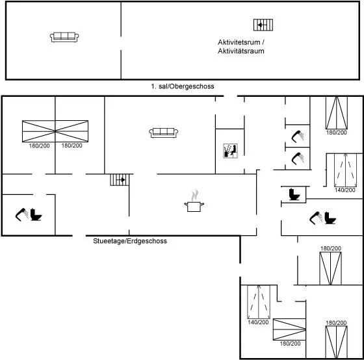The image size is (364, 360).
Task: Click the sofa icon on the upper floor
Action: coord(64,37)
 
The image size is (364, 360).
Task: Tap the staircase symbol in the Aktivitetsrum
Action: coord(263,25)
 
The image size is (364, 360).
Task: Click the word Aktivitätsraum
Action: coord(241,51)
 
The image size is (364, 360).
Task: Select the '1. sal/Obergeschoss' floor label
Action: coord(183,86)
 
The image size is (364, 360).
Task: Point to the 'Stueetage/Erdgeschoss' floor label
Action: coord(130,241)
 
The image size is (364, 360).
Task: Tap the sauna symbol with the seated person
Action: coord(230,151)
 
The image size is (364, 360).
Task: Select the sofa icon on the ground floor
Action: coord(163,133)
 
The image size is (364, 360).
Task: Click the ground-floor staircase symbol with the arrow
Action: coord(120,179)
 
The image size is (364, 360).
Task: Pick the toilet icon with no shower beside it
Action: coord(294,194)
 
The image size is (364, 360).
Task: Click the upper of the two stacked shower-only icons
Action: coord(298,136)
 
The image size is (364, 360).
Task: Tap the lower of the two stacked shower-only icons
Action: coord(298,159)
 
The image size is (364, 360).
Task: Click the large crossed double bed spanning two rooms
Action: coord(55,131)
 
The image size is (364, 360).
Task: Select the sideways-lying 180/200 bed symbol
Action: coord(289,329)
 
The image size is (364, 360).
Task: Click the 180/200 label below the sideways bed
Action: coord(290,344)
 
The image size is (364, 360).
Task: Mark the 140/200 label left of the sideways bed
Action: coord(258,322)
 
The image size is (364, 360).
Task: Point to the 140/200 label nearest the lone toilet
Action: coord(345,190)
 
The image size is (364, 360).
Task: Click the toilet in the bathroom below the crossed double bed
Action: coord(36,214)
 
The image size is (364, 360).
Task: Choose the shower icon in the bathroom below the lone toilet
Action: coord(316,218)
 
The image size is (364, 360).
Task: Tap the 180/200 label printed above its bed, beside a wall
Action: coord(331,248)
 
